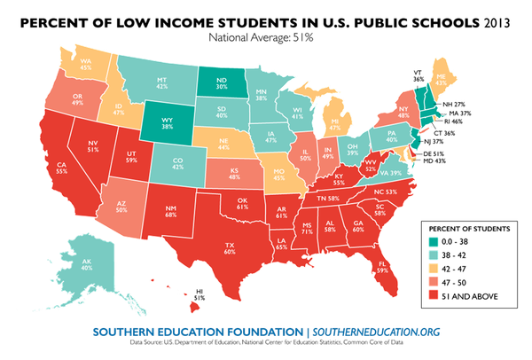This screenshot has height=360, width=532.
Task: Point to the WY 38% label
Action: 168,121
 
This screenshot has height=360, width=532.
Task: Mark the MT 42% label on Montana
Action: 164,82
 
